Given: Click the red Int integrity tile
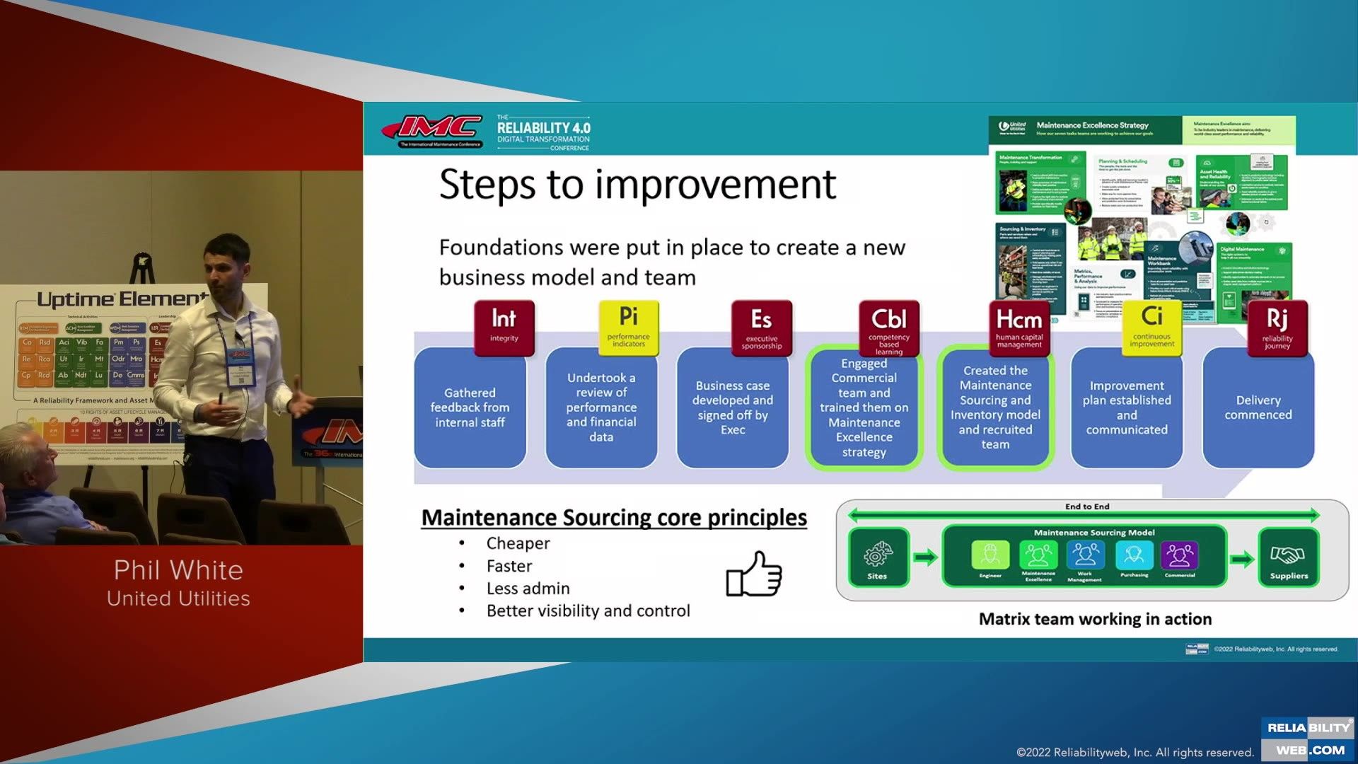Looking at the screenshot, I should (x=504, y=326).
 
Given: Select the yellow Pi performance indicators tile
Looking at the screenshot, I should (x=628, y=326).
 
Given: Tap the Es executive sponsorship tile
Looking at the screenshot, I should (x=761, y=326).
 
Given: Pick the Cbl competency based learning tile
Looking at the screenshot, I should (x=888, y=327).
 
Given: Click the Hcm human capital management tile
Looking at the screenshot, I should (x=1018, y=326).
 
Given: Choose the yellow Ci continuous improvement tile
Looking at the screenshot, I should (x=1151, y=326).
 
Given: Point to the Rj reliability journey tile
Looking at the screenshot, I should (x=1277, y=326).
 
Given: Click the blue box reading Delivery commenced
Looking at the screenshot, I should (x=1258, y=407).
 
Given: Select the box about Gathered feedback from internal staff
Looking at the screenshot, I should (x=470, y=407).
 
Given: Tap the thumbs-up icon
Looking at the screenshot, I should (x=754, y=574).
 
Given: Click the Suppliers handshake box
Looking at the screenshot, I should (x=1289, y=557).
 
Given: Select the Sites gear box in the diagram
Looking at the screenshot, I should (x=877, y=557).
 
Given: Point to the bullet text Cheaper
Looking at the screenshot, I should (x=518, y=543).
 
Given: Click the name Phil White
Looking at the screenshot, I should (x=178, y=570).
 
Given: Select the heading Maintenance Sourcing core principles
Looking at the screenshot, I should (x=614, y=518).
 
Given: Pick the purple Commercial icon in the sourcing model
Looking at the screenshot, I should (x=1179, y=556).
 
